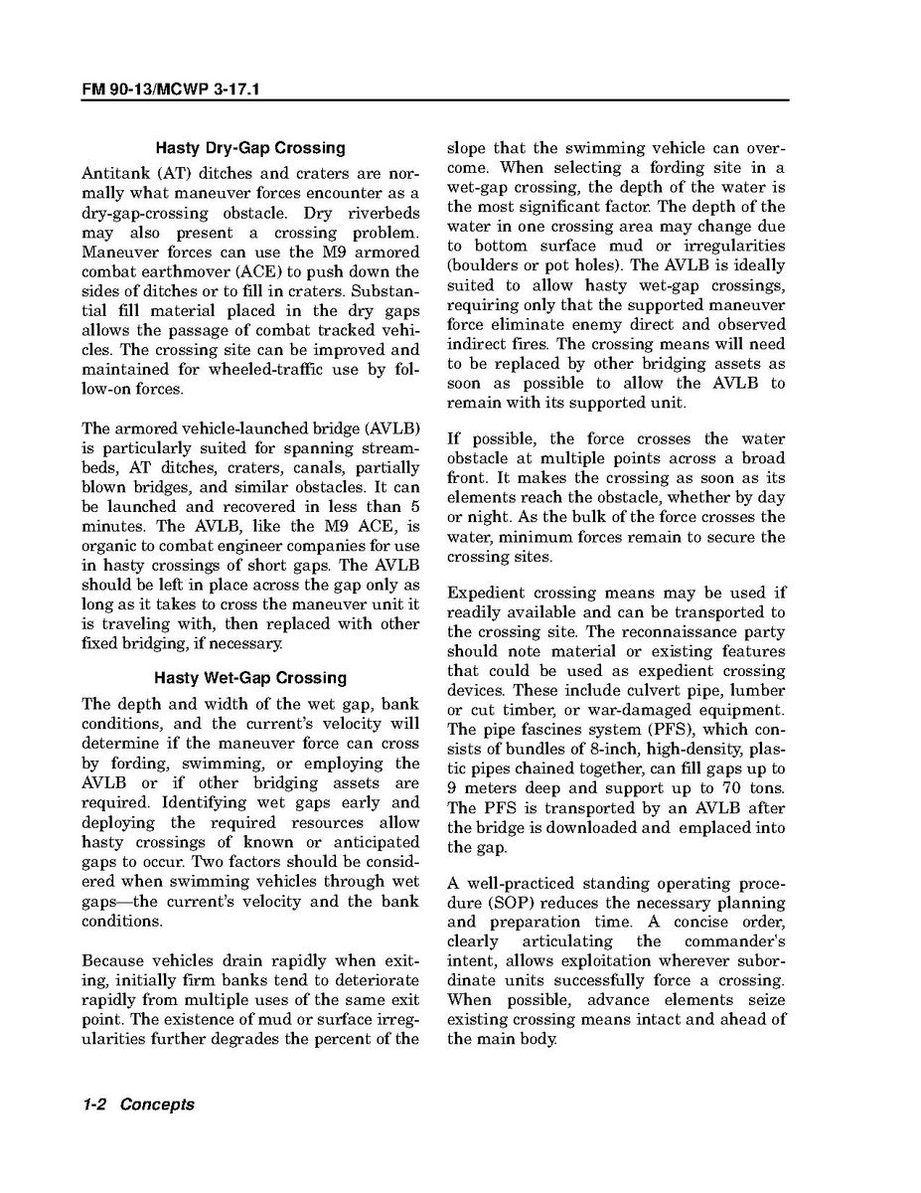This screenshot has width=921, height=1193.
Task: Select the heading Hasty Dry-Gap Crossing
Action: coord(250,148)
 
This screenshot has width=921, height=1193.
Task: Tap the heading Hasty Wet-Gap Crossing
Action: coord(250,678)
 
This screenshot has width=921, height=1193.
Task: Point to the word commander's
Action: coord(735,941)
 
